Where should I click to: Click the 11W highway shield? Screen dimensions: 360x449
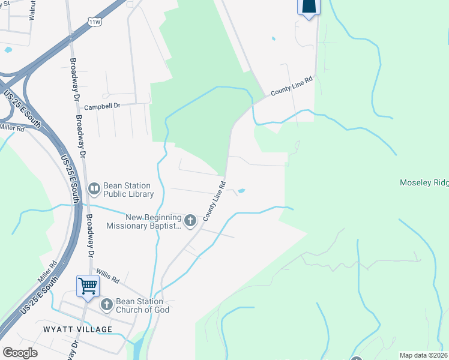[x=94, y=22]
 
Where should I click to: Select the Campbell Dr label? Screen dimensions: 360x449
[x=103, y=107]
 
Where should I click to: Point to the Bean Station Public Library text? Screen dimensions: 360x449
[x=128, y=190]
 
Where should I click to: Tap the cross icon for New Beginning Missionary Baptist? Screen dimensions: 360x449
[x=190, y=221]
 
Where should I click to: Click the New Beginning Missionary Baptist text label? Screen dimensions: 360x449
[x=144, y=221]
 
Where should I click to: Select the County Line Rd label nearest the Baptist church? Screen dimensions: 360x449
[x=214, y=200]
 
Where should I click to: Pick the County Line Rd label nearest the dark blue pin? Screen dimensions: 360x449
[x=292, y=86]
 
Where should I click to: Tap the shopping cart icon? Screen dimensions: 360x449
[x=88, y=286]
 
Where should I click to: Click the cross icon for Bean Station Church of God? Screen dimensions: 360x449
[x=106, y=305]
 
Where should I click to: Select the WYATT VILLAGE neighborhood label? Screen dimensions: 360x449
[x=77, y=329]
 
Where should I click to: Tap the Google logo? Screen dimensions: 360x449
[x=20, y=353]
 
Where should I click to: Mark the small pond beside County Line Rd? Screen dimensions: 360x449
[x=241, y=191]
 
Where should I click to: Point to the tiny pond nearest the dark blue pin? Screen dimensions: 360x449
[x=273, y=38]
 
